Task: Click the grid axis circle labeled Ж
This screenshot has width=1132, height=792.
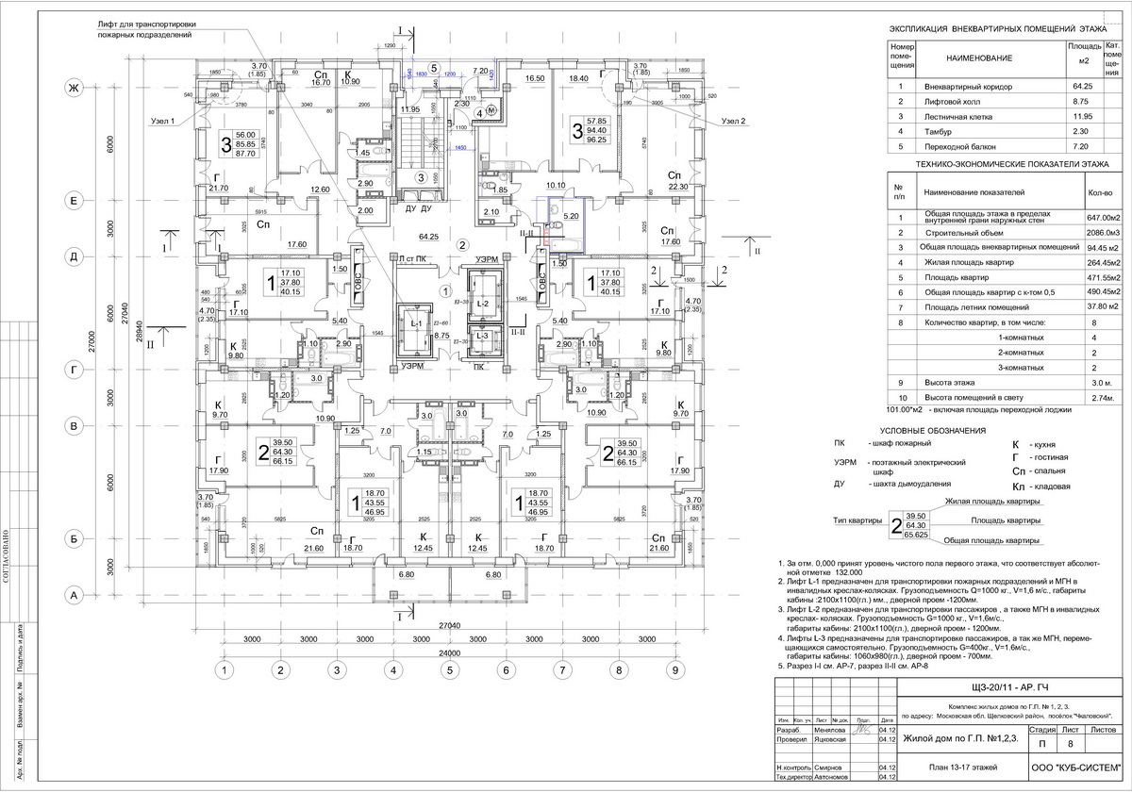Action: click(x=69, y=88)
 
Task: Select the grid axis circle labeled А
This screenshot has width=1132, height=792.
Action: click(x=69, y=594)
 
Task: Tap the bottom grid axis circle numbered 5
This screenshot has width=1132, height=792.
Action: click(x=450, y=671)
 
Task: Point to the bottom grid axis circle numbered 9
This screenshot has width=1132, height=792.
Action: click(x=674, y=671)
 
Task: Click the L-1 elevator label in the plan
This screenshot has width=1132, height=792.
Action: click(x=416, y=323)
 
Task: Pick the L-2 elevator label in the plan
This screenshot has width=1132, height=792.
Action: click(x=481, y=304)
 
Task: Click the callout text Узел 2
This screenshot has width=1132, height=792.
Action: click(x=732, y=121)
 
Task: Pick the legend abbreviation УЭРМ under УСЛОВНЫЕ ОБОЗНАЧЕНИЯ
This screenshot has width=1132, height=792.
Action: click(x=845, y=462)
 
